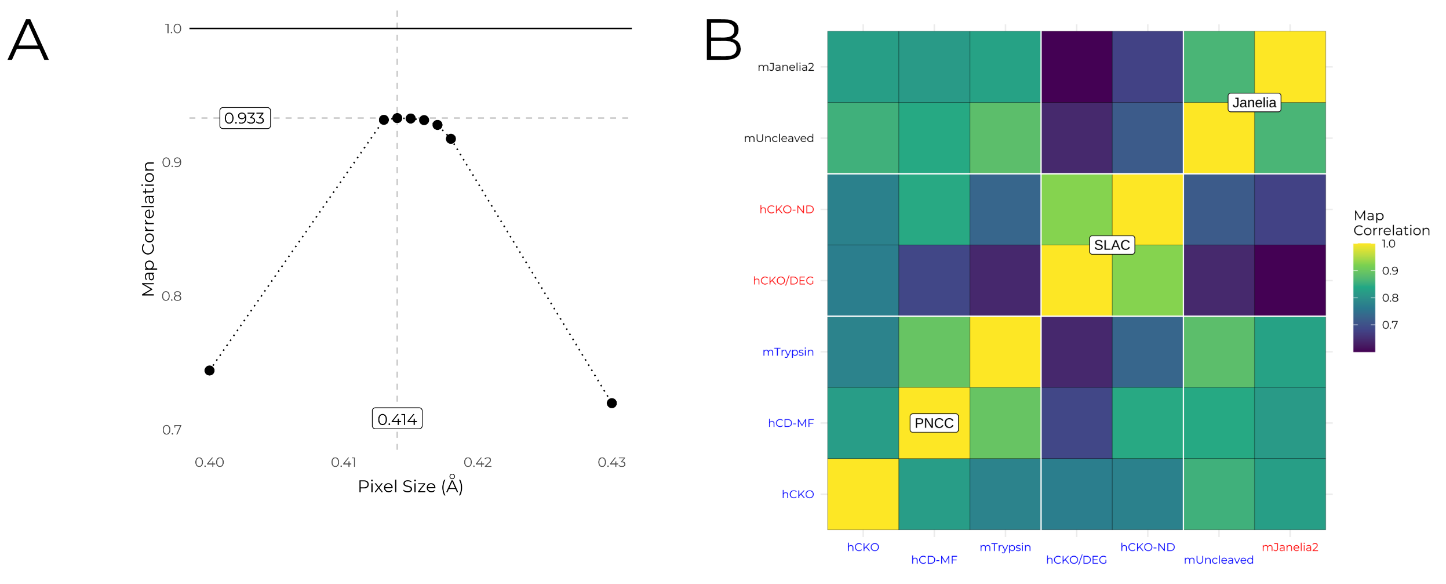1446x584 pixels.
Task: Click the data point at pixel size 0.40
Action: click(209, 371)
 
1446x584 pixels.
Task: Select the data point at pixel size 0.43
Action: click(611, 403)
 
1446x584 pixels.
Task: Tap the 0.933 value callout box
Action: click(245, 118)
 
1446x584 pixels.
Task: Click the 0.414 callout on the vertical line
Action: click(397, 419)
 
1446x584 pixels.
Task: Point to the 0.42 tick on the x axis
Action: click(478, 462)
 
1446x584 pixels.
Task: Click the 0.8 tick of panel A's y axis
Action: click(172, 296)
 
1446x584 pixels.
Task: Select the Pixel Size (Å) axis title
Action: click(410, 486)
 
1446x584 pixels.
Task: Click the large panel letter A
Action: click(28, 40)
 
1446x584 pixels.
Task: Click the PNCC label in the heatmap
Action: click(934, 423)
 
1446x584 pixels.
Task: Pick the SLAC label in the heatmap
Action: click(1112, 245)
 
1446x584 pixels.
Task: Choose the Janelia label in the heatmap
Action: click(1254, 103)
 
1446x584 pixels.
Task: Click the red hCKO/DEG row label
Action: click(783, 281)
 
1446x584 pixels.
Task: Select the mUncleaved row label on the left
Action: click(778, 138)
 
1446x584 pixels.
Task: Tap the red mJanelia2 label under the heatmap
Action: click(1290, 547)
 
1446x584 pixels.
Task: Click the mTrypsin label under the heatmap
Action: click(1005, 547)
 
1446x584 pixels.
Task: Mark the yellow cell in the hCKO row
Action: click(863, 494)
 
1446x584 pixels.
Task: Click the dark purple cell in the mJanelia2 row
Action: click(1076, 67)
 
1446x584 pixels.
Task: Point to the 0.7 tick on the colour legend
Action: click(1389, 325)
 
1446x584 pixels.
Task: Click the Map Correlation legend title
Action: click(1391, 223)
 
